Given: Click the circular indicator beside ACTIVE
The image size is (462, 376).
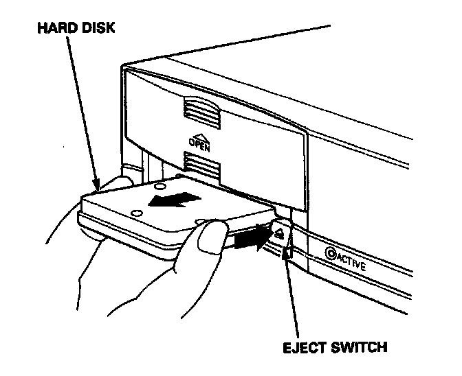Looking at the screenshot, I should tap(331, 253).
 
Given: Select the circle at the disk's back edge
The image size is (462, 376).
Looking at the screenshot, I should tap(159, 185).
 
